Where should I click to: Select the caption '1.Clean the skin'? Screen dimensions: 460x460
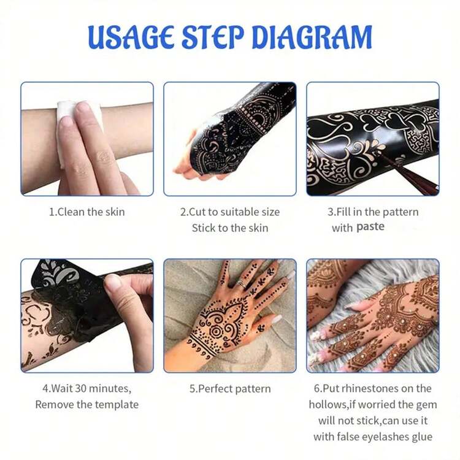point(86,212)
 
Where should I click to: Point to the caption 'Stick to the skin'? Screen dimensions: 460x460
point(229,228)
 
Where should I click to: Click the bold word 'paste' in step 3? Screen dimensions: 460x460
point(370,228)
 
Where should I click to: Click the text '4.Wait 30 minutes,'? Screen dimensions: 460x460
point(86,388)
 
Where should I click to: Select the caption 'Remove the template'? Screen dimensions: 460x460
point(86,404)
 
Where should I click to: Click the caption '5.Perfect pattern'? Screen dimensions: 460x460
point(229,389)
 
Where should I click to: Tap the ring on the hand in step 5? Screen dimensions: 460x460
point(242,284)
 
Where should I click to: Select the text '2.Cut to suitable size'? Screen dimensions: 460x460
point(229,212)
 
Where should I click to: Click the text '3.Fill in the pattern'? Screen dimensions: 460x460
point(373,212)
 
